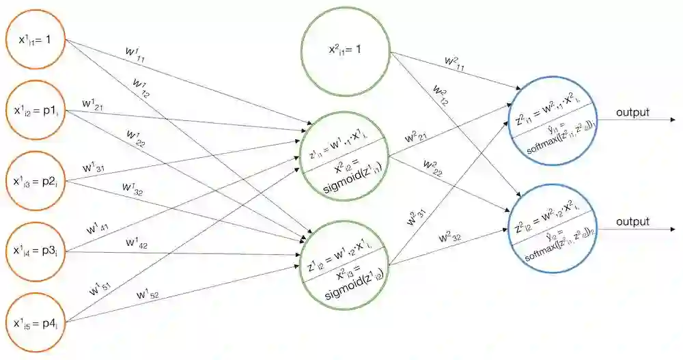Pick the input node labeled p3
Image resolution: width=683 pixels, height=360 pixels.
[36, 251]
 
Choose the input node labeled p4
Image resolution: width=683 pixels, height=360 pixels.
[36, 321]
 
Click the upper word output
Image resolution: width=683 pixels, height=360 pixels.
[632, 112]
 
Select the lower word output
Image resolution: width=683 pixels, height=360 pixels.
[632, 222]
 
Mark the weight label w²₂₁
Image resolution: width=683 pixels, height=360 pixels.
[417, 138]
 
